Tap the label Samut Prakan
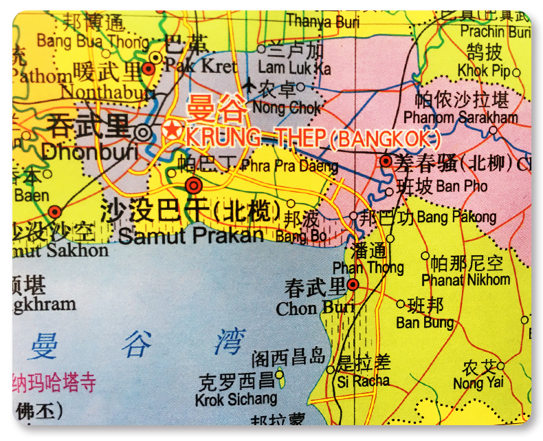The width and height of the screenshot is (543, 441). pyautogui.click(x=190, y=235)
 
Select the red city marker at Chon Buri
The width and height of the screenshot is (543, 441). pyautogui.click(x=353, y=284)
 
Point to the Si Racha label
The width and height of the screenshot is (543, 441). pyautogui.click(x=362, y=380)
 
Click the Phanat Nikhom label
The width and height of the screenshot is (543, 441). pyautogui.click(x=466, y=279)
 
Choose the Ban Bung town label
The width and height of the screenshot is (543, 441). pyautogui.click(x=425, y=322)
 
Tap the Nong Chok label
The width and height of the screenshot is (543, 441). pyautogui.click(x=287, y=108)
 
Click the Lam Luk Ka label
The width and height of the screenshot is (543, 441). pyautogui.click(x=294, y=69)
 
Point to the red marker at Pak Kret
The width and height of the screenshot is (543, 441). pyautogui.click(x=148, y=68)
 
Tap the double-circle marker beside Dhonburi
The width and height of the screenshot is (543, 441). pyautogui.click(x=143, y=131)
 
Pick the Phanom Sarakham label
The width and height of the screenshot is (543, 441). pyautogui.click(x=461, y=118)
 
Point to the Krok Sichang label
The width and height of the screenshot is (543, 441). pyautogui.click(x=236, y=398)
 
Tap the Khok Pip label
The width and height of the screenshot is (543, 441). pyautogui.click(x=484, y=71)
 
